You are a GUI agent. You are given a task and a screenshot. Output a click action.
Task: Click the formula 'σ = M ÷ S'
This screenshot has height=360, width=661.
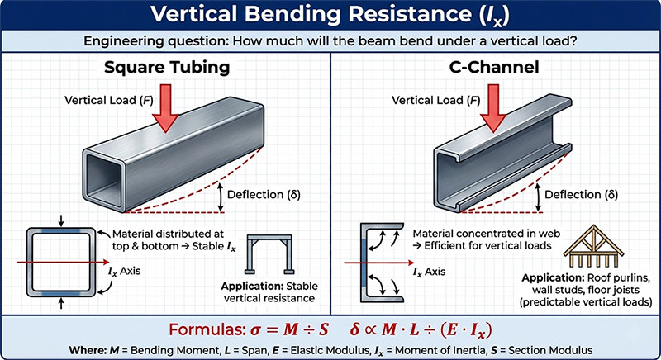298,329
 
